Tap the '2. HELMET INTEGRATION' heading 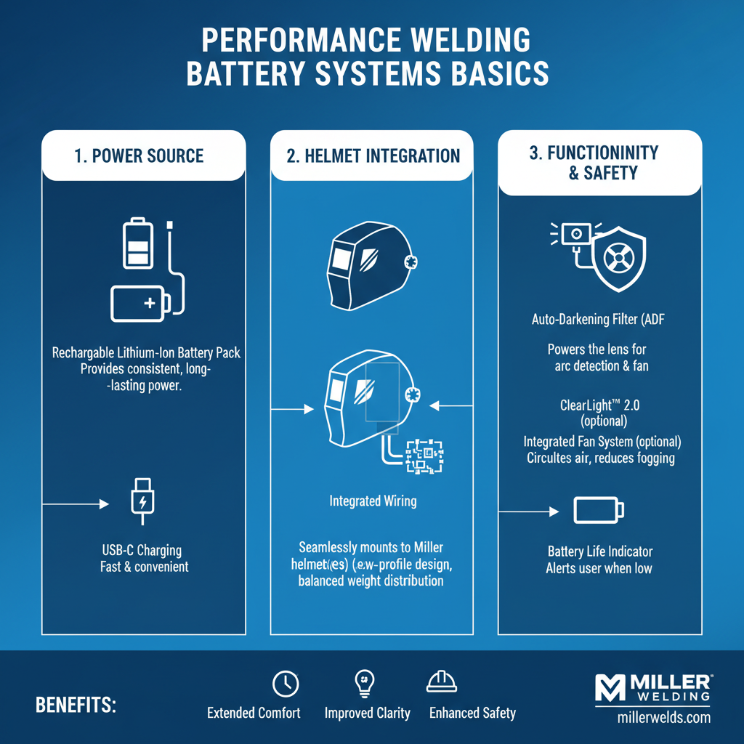coord(373,156)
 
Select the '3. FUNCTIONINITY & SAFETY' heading coord(594,163)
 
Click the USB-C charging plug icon coord(142,501)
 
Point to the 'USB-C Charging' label coord(142,551)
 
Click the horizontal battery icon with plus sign coord(141,302)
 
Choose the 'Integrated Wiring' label coord(373,501)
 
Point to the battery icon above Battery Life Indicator coord(599,509)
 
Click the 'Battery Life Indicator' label coord(599,551)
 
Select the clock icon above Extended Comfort coord(285,684)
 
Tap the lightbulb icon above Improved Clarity coord(363,683)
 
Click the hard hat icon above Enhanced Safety coord(441,682)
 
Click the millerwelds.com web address coord(658,718)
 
